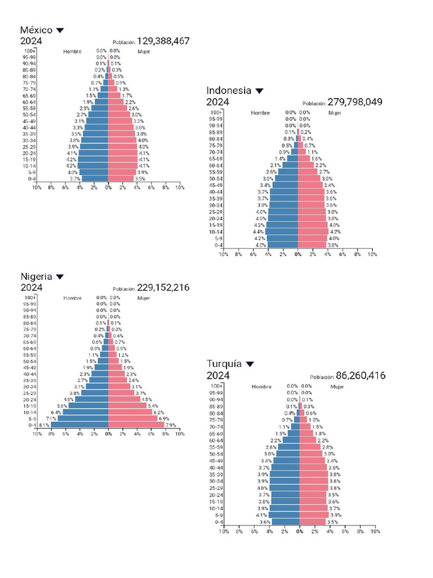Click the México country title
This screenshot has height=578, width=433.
36,30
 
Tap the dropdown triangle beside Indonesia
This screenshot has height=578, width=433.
259,91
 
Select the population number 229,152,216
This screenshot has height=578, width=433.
163,288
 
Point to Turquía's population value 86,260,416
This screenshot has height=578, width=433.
361,376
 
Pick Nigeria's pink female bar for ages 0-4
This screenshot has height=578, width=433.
136,425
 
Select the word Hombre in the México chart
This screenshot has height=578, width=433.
72,51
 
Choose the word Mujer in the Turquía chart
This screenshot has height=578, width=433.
337,387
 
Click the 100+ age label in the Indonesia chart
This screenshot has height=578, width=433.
217,113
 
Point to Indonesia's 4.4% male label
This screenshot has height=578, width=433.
259,232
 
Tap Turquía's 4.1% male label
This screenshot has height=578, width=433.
262,515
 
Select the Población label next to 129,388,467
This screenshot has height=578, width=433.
124,42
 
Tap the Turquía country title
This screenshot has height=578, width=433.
224,364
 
